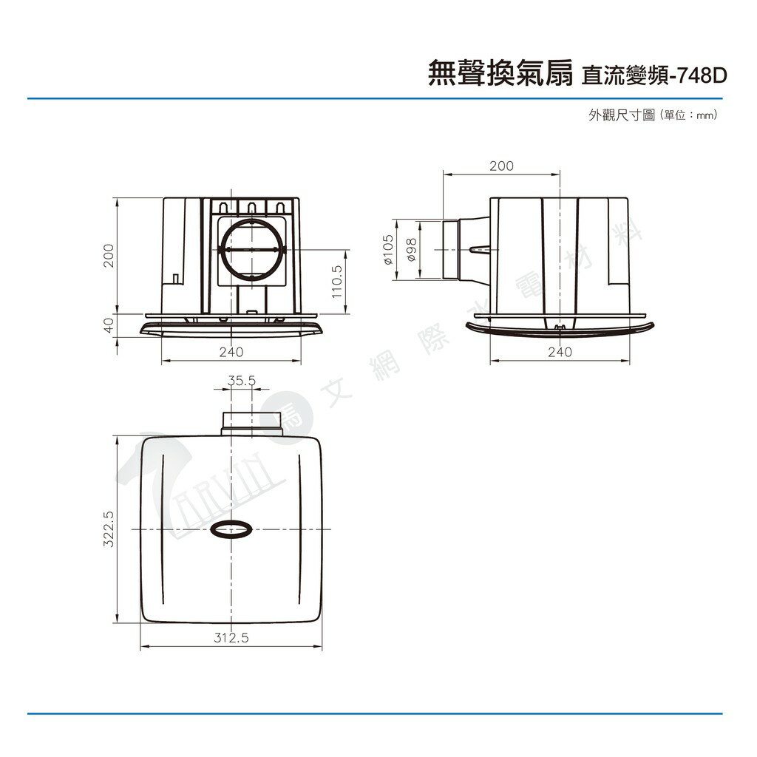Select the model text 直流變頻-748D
[655, 75]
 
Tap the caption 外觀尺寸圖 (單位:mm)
[654, 115]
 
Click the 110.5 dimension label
[337, 282]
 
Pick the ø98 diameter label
[412, 250]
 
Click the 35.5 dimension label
[242, 381]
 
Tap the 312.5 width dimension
[231, 637]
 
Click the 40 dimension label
[108, 325]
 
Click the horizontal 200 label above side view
[501, 166]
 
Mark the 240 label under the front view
[231, 353]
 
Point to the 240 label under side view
[560, 353]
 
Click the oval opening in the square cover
[231, 529]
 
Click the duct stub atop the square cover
[241, 422]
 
